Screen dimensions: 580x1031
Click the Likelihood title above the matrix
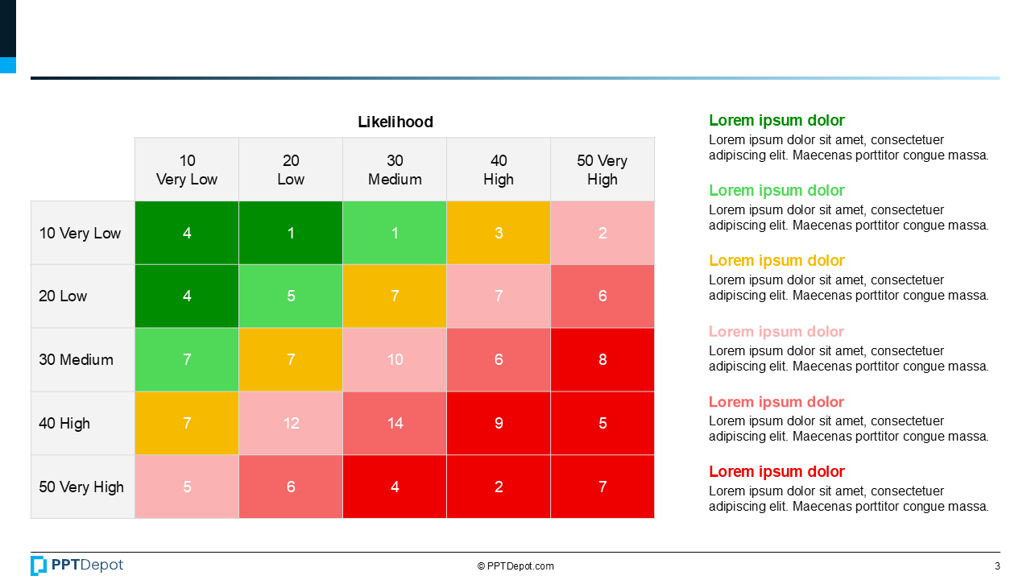point(395,122)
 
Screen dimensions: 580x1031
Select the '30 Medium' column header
point(395,170)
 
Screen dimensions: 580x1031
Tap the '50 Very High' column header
point(602,170)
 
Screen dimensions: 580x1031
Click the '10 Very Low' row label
point(81,234)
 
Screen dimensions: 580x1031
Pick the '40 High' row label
point(65,424)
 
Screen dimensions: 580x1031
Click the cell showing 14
point(395,424)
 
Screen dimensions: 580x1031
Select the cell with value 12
point(291,424)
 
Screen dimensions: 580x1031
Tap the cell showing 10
point(395,360)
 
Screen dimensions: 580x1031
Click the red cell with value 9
point(499,424)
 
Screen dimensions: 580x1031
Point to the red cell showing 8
point(602,360)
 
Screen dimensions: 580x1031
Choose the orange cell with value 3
point(499,234)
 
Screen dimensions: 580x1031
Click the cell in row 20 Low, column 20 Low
point(291,296)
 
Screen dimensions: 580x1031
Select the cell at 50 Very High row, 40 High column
point(499,487)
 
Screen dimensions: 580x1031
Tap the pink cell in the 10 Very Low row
point(602,234)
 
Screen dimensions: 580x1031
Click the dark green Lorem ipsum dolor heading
point(776,121)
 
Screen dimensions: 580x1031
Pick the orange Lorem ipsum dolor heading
point(776,261)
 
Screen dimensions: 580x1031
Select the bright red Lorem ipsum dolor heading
point(776,472)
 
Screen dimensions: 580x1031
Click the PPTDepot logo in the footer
point(77,565)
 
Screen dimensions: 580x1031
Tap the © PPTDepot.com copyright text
point(515,566)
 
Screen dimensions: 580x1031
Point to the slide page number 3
point(997,566)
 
